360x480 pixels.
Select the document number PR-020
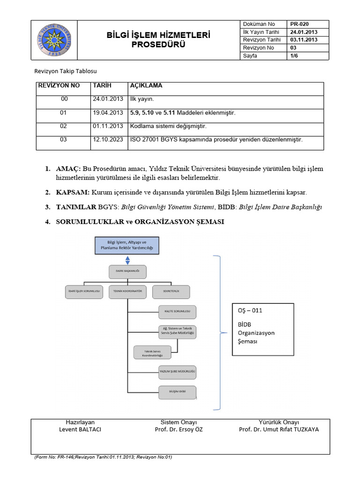(x=300, y=24)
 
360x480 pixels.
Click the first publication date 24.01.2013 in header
(x=304, y=32)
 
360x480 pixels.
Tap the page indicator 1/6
(x=295, y=56)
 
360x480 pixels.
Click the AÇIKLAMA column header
(x=146, y=86)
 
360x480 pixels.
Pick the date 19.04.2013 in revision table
(x=108, y=113)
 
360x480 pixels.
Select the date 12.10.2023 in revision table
(x=108, y=140)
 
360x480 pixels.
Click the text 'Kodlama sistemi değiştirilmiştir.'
(x=168, y=127)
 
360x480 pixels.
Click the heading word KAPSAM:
(x=73, y=193)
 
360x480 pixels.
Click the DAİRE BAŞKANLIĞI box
(x=127, y=271)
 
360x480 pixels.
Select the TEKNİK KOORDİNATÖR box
(x=127, y=292)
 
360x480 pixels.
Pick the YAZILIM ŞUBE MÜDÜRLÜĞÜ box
(x=177, y=372)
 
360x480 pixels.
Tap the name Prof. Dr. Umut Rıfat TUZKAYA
(x=278, y=429)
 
